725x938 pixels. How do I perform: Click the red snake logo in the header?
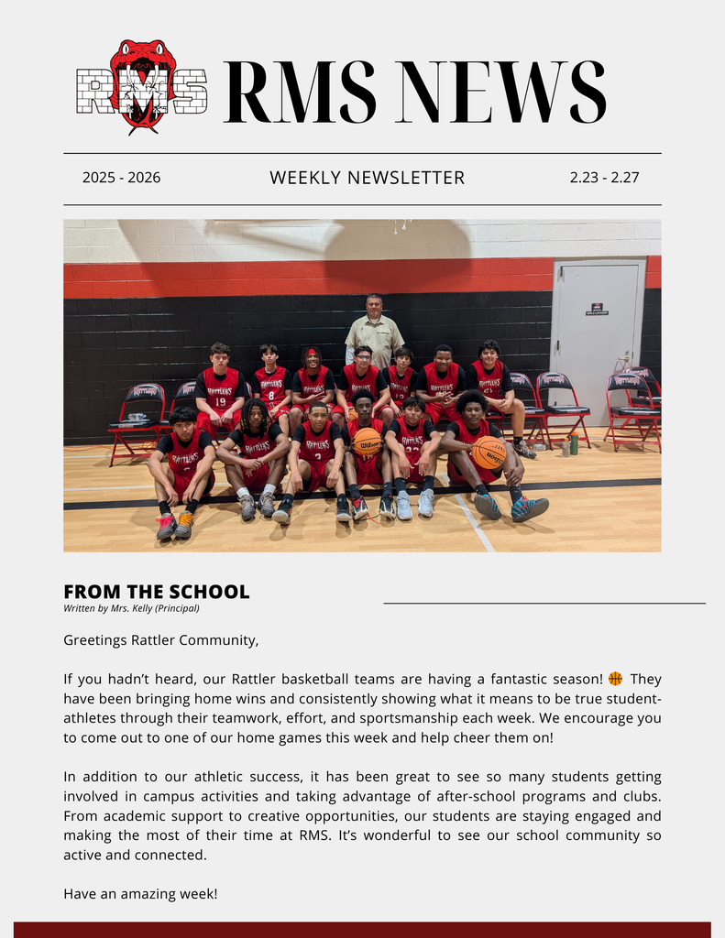click(x=142, y=85)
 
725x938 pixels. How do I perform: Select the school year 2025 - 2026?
click(x=121, y=178)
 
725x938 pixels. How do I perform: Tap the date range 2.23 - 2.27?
click(x=604, y=178)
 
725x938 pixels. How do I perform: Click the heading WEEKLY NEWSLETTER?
click(x=367, y=178)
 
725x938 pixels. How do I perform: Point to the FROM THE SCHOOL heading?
click(x=157, y=592)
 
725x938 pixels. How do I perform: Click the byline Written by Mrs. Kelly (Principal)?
click(x=131, y=608)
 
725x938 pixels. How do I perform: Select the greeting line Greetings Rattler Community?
click(x=161, y=640)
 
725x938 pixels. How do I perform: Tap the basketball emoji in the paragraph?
click(x=615, y=679)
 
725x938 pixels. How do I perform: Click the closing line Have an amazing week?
click(x=140, y=893)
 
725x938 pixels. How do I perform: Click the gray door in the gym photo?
click(x=598, y=339)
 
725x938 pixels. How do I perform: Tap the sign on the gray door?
click(x=597, y=310)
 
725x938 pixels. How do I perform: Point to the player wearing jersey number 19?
click(x=220, y=389)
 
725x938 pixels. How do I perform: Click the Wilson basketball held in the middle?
click(x=368, y=442)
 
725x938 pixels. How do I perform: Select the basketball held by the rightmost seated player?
click(x=489, y=452)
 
